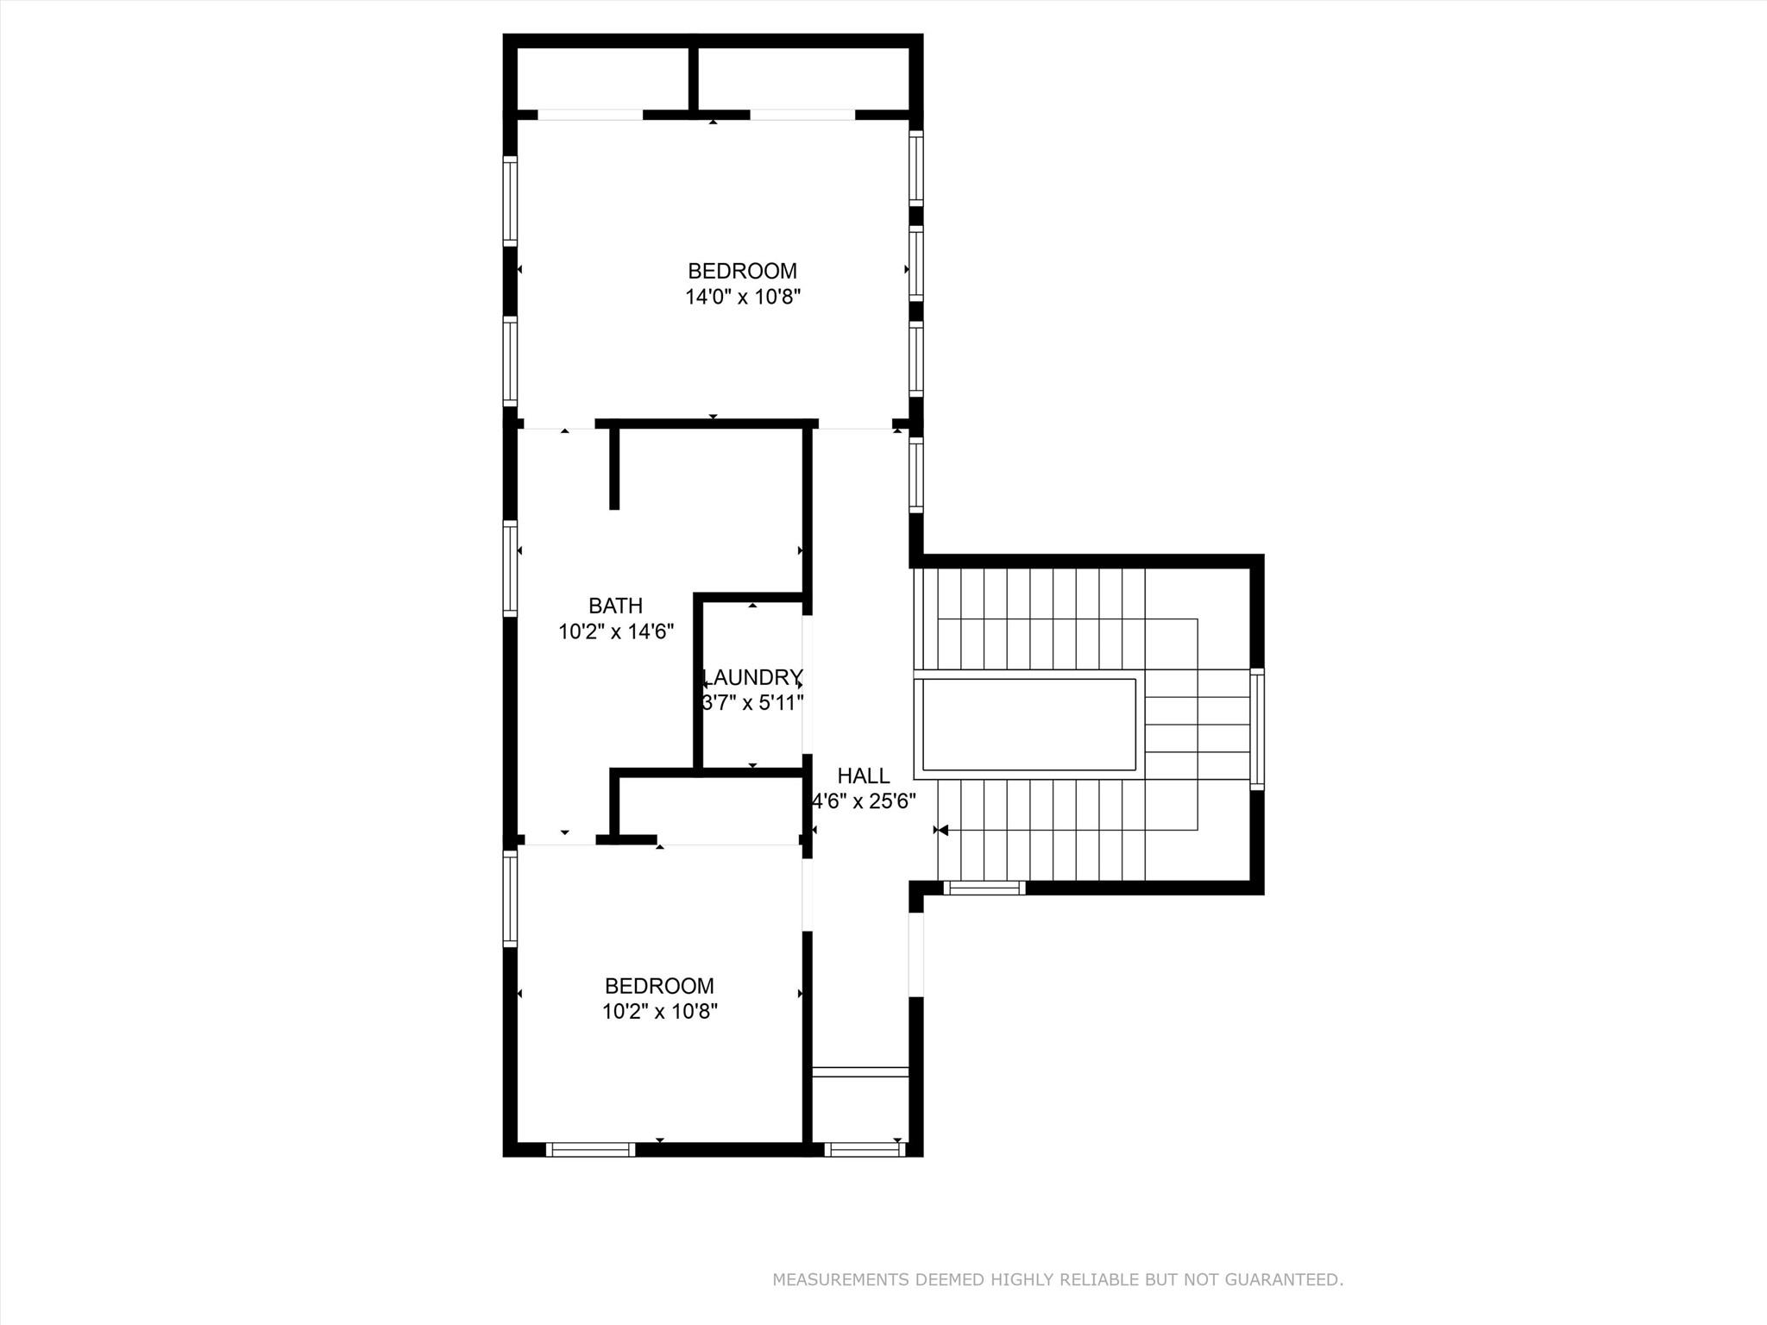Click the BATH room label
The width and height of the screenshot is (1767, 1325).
615,606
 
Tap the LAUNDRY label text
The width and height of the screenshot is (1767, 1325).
753,677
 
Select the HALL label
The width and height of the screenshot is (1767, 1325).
863,776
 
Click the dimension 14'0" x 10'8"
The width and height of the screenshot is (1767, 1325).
743,298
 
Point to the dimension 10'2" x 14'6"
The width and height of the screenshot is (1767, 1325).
615,632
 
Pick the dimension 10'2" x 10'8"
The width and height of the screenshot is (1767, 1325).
659,1011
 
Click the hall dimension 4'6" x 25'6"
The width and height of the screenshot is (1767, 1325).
864,801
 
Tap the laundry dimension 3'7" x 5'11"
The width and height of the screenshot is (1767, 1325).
753,703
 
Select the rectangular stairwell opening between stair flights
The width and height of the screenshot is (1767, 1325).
1028,725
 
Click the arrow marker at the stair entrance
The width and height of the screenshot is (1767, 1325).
941,830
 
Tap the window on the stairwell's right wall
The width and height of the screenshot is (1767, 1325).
1257,729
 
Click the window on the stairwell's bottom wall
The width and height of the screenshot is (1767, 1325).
984,888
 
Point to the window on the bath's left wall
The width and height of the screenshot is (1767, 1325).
511,568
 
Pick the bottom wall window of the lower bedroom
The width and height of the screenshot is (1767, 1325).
590,1149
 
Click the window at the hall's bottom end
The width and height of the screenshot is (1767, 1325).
864,1149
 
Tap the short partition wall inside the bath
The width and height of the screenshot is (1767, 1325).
614,468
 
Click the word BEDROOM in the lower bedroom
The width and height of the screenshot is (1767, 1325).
659,985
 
